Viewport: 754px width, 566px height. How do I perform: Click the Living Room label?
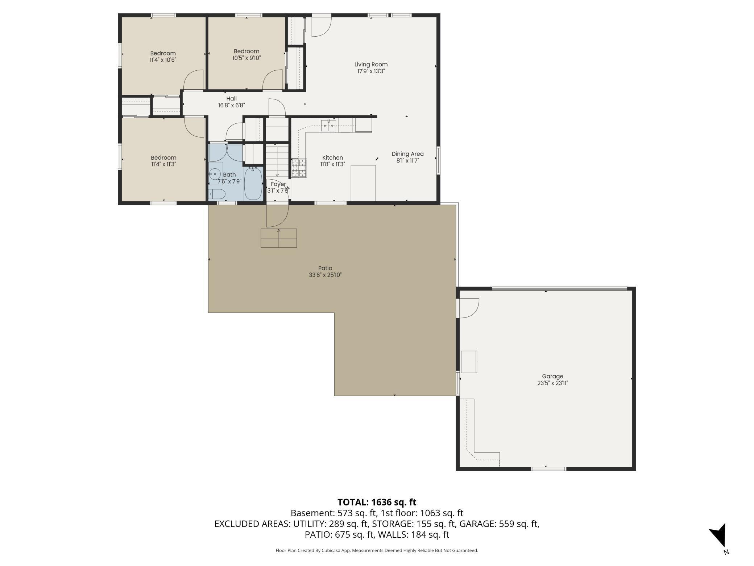pyautogui.click(x=371, y=65)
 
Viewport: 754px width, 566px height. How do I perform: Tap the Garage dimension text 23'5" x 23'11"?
pyautogui.click(x=552, y=383)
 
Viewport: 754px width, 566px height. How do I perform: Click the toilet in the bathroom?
pyautogui.click(x=217, y=194)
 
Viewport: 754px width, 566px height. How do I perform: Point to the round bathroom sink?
pyautogui.click(x=215, y=174)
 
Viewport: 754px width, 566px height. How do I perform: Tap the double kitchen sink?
pyautogui.click(x=328, y=126)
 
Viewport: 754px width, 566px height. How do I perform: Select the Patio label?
pyautogui.click(x=325, y=268)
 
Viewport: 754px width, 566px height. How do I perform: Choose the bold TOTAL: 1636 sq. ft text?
pyautogui.click(x=377, y=502)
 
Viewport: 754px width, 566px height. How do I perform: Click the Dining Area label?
pyautogui.click(x=407, y=154)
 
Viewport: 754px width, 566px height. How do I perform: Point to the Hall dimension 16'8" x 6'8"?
pyautogui.click(x=232, y=106)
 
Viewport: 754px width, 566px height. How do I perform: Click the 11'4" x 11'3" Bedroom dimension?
pyautogui.click(x=163, y=164)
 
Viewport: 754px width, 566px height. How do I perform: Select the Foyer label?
pyautogui.click(x=278, y=184)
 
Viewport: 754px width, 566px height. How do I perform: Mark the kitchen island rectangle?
pyautogui.click(x=363, y=183)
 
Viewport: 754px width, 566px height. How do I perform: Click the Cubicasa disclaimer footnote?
pyautogui.click(x=377, y=550)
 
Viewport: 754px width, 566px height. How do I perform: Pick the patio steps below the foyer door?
pyautogui.click(x=279, y=238)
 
